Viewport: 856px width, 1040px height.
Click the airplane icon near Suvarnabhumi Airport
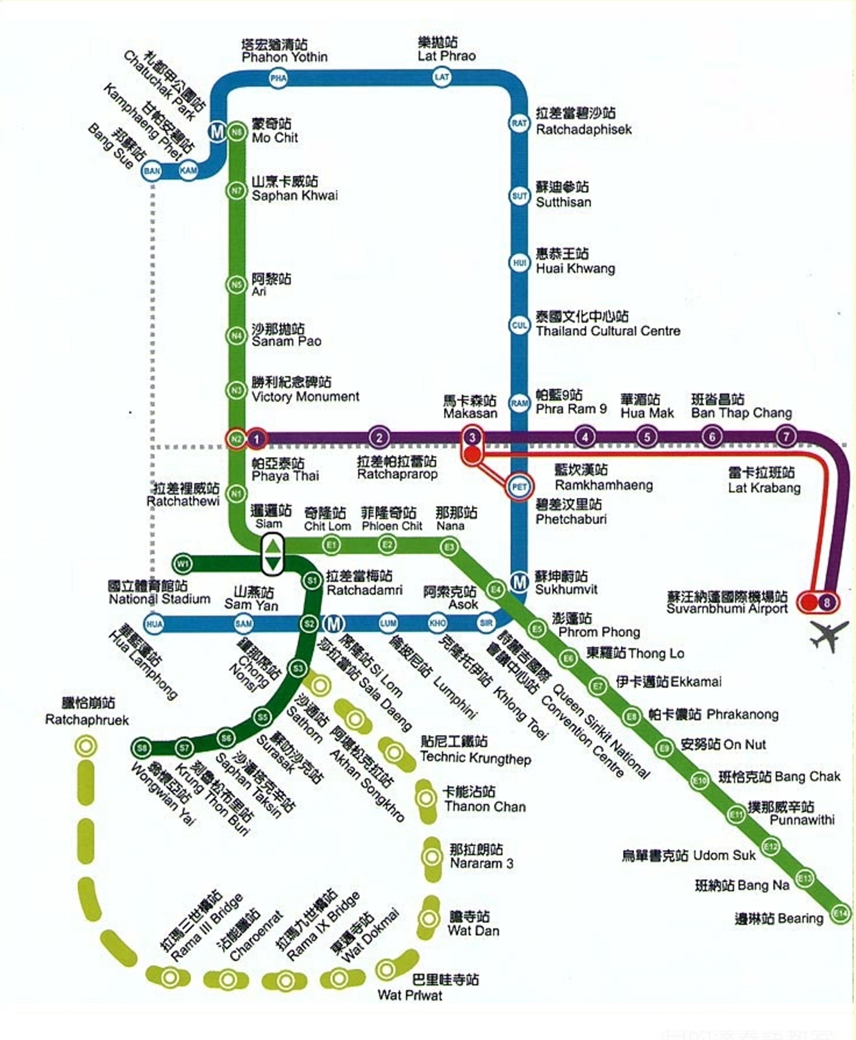point(829,635)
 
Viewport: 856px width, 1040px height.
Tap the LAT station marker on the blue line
point(442,77)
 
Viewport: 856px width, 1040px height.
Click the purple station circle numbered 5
point(647,437)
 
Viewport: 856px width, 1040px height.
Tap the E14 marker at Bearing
point(840,912)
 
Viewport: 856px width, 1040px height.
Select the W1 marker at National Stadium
point(182,562)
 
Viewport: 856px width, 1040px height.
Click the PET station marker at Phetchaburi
point(520,487)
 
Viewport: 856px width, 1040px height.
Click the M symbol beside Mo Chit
point(218,131)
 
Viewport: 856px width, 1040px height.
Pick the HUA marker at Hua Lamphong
point(154,623)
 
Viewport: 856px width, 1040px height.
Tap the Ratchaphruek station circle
point(86,746)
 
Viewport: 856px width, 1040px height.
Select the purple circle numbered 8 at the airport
point(827,602)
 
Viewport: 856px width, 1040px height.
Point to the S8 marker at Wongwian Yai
point(142,747)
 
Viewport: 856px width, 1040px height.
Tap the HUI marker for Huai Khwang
point(520,263)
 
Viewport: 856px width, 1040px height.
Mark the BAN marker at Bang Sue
point(151,171)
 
